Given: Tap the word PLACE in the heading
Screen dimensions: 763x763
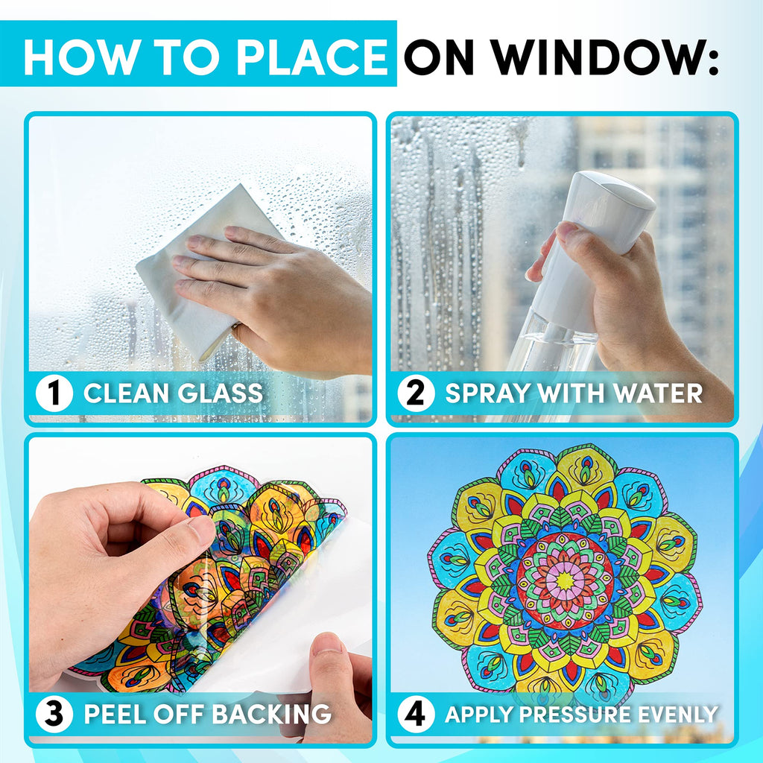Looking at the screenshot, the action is pos(311,57).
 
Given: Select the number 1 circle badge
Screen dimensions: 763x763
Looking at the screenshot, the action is pos(54,393).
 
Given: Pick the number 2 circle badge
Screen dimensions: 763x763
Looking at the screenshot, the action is pos(416,393).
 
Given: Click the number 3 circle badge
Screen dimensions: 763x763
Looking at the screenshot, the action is pos(54,715).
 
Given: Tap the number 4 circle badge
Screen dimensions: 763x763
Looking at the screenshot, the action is pos(416,715).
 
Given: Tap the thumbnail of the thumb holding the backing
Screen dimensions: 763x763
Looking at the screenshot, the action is pos(327,645).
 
